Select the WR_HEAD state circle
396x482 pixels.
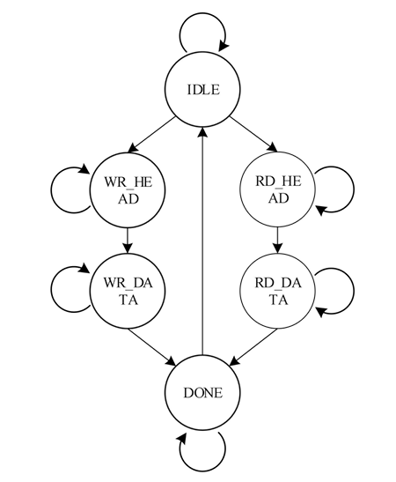(128, 190)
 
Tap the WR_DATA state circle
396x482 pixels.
(128, 290)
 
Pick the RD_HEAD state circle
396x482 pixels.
(277, 190)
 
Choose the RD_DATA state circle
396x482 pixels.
(277, 290)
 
